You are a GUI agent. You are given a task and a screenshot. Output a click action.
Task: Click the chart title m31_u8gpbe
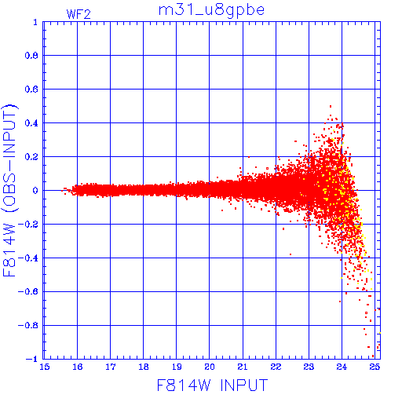click(x=211, y=11)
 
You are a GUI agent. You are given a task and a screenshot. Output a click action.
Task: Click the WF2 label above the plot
click(x=79, y=14)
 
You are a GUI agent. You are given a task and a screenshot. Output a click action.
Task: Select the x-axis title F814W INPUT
click(x=212, y=385)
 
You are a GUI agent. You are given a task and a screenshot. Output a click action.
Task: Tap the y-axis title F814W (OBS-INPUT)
click(x=9, y=190)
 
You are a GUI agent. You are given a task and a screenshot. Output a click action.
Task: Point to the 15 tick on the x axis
click(x=45, y=367)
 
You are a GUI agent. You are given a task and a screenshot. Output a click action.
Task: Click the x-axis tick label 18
click(x=144, y=367)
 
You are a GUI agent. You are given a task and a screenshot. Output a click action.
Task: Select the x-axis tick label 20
click(x=210, y=367)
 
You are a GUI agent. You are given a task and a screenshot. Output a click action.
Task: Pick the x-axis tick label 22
click(x=276, y=367)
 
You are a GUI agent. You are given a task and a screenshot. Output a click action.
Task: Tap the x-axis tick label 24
click(x=342, y=367)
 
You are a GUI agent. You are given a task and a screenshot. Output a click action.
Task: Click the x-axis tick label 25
click(x=375, y=367)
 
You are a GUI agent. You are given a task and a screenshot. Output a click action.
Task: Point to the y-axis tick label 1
click(x=35, y=22)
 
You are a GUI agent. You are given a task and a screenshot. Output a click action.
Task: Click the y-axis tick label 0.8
click(x=31, y=56)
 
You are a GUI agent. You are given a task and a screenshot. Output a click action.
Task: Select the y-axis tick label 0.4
click(x=31, y=123)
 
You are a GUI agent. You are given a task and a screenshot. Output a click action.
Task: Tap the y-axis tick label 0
click(x=35, y=191)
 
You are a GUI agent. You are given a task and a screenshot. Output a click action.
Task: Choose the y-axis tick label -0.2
click(x=28, y=225)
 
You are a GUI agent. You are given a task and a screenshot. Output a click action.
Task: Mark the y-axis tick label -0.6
click(x=28, y=291)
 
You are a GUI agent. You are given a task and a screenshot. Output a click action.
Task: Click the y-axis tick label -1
click(x=32, y=359)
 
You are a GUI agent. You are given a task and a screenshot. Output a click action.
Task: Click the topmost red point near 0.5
click(x=331, y=106)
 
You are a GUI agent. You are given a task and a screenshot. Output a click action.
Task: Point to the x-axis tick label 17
click(x=111, y=367)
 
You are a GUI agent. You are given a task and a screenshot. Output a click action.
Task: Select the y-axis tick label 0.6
click(x=31, y=90)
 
